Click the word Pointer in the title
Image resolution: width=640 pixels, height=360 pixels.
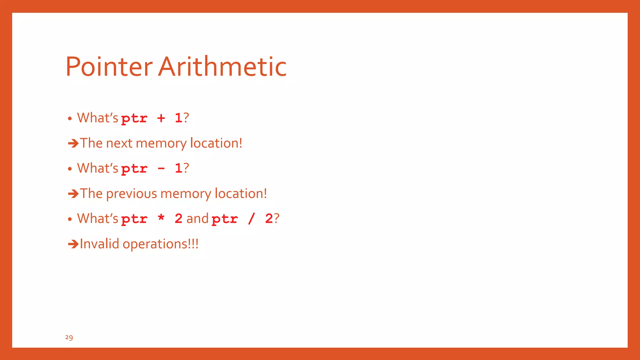pyautogui.click(x=109, y=67)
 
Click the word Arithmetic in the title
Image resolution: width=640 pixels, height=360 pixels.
pyautogui.click(x=222, y=67)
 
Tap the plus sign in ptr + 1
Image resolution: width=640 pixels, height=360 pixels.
pyautogui.click(x=161, y=118)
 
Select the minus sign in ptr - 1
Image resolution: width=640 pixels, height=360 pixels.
pyautogui.click(x=161, y=169)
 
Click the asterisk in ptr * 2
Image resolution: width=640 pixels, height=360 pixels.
pyautogui.click(x=161, y=217)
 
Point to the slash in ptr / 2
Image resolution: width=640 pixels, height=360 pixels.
pyautogui.click(x=251, y=219)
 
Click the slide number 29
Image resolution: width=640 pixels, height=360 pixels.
pyautogui.click(x=69, y=337)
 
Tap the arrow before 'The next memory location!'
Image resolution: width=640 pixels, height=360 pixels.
pyautogui.click(x=73, y=143)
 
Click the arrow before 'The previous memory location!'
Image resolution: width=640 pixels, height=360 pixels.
pyautogui.click(x=73, y=194)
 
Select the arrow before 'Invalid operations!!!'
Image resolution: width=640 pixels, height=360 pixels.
pyautogui.click(x=73, y=244)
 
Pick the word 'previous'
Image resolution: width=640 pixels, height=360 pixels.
pyautogui.click(x=131, y=194)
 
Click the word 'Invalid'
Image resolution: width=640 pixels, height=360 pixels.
pyautogui.click(x=99, y=244)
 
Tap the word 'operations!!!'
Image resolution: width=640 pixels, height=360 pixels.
pyautogui.click(x=160, y=244)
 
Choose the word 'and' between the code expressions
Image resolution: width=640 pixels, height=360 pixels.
pyautogui.click(x=197, y=218)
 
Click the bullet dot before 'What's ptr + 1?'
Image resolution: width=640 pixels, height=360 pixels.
pyautogui.click(x=70, y=118)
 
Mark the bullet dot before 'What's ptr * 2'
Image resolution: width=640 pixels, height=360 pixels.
pyautogui.click(x=70, y=219)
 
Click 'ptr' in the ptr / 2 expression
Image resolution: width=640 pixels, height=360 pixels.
pyautogui.click(x=224, y=219)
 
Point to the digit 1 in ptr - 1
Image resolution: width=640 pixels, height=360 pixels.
pyautogui.click(x=178, y=168)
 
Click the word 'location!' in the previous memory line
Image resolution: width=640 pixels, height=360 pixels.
pyautogui.click(x=241, y=194)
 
